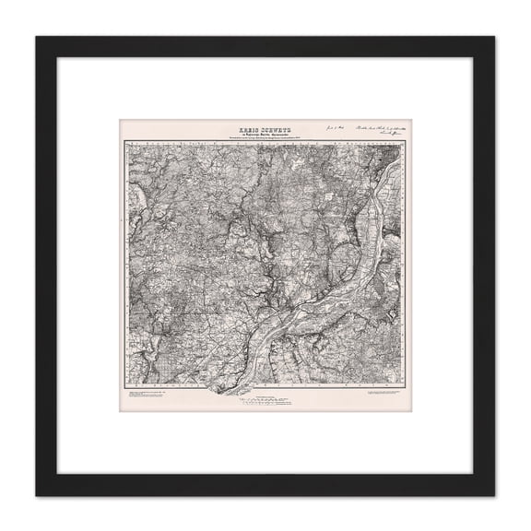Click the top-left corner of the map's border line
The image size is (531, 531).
click(x=127, y=144)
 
